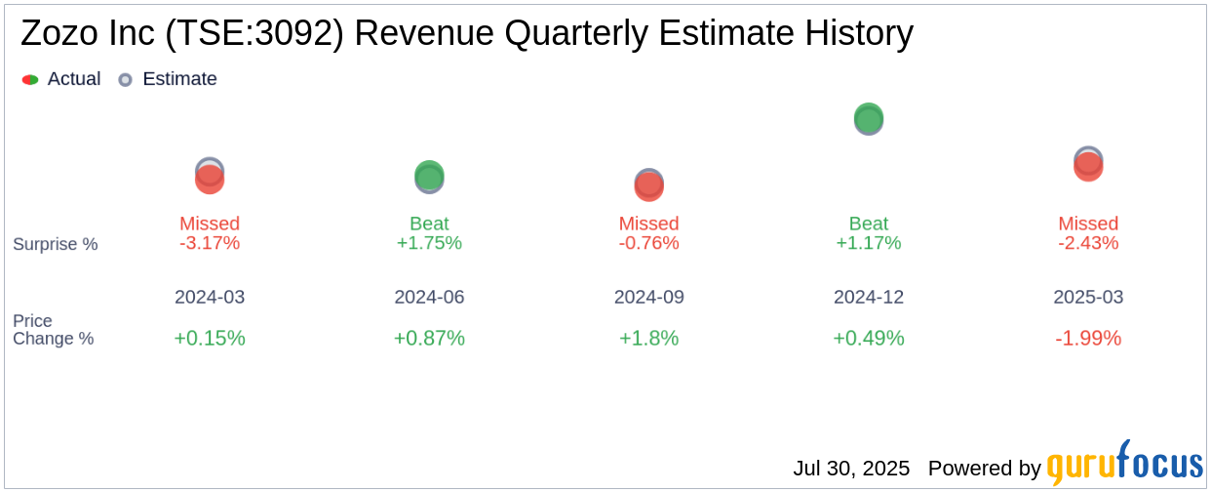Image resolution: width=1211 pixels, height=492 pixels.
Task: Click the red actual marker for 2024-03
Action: (x=210, y=180)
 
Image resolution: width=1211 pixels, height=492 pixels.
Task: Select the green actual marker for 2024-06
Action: (x=429, y=176)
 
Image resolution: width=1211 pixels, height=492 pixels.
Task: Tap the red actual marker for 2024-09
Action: (x=648, y=186)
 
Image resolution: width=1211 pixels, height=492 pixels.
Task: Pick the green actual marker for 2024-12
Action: (x=869, y=117)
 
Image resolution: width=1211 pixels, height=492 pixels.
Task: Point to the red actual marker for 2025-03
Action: (x=1088, y=166)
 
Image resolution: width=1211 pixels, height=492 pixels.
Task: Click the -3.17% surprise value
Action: (x=210, y=243)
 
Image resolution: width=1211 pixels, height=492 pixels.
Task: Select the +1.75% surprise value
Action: (x=429, y=243)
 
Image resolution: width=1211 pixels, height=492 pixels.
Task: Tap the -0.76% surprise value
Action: (x=648, y=243)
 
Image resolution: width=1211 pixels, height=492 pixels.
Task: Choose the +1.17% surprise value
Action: (x=869, y=243)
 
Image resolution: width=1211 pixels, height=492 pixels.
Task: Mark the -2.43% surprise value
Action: (x=1088, y=243)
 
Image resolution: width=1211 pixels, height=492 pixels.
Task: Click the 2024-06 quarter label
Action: (x=429, y=297)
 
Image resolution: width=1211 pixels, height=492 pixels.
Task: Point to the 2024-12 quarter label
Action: (x=869, y=297)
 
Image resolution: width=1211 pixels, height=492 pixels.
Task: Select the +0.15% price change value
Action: (x=210, y=338)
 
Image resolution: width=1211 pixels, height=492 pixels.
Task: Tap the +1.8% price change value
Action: (x=648, y=338)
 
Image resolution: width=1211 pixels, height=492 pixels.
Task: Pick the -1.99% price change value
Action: (x=1088, y=338)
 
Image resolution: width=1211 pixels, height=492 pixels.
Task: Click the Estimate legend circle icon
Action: (x=125, y=80)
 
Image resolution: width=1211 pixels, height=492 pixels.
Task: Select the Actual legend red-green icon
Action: (x=30, y=80)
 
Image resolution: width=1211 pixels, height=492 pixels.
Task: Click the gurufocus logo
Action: (x=1124, y=465)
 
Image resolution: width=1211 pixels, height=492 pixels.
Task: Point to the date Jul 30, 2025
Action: (x=851, y=469)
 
